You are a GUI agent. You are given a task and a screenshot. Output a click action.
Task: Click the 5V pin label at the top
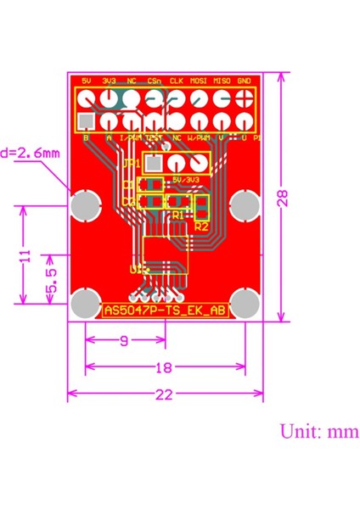[x=87, y=81]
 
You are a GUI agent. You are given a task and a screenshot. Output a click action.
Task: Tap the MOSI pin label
[x=200, y=81]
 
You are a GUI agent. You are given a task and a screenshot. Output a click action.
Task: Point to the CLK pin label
[x=177, y=81]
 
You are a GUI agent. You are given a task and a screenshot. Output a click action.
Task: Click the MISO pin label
[x=222, y=81]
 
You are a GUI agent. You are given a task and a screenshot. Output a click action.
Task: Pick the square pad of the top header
[x=87, y=120]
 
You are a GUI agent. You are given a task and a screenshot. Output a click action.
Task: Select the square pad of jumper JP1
[x=154, y=163]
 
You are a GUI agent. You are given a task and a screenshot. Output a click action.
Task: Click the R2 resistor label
[x=201, y=227]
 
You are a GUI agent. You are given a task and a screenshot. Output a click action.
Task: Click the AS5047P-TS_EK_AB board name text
[x=165, y=310]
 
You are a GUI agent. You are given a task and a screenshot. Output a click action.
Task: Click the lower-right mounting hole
[x=245, y=303]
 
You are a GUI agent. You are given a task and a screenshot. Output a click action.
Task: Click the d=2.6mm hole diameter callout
[x=31, y=154]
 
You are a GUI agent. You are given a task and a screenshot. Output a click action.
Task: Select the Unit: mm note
[x=319, y=431]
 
